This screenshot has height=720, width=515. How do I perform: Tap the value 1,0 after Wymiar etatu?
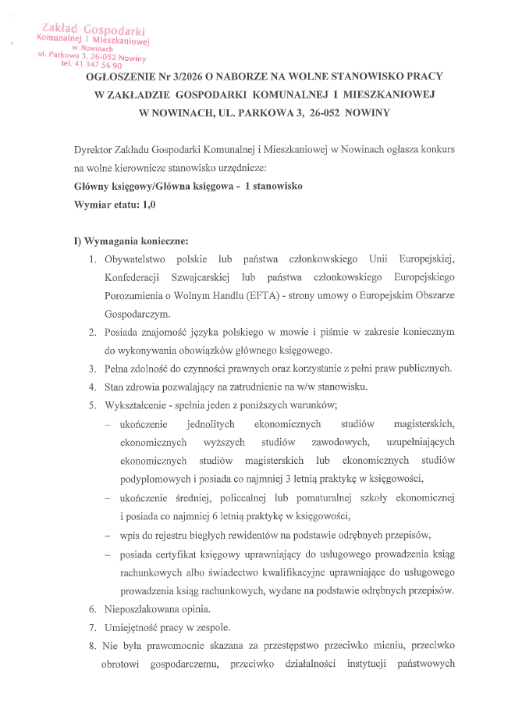point(148,205)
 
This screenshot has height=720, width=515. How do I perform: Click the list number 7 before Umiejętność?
point(92,627)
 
